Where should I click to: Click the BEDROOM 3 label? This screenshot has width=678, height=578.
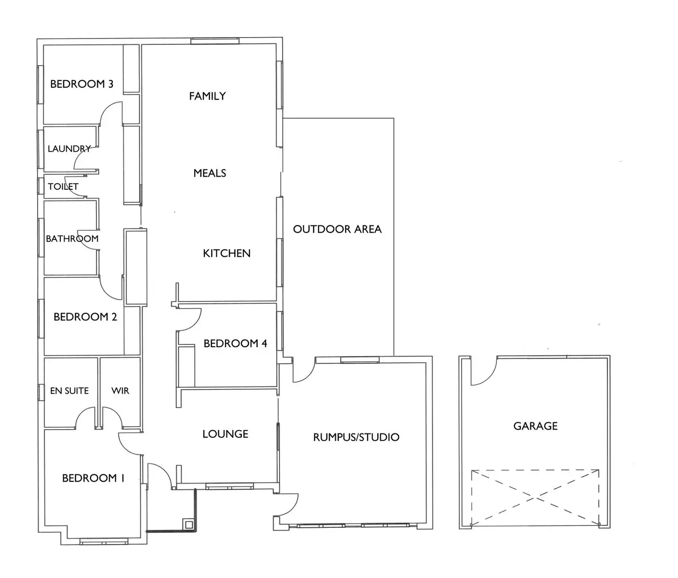[81, 84]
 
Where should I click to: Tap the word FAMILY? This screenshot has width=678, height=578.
[207, 96]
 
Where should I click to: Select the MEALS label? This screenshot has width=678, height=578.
[210, 173]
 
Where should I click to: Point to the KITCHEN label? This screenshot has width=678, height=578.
[226, 253]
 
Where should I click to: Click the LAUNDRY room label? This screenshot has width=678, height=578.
[69, 149]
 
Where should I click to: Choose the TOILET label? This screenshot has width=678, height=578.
[63, 186]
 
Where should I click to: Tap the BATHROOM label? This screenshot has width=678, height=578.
[72, 239]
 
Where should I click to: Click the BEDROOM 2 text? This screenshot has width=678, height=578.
[85, 317]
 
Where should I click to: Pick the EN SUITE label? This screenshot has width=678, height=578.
[69, 391]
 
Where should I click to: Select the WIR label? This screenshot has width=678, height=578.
[120, 391]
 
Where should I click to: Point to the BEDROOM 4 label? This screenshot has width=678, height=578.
[235, 343]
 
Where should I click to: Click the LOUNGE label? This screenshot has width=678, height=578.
[225, 434]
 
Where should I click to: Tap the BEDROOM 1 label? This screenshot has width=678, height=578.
[93, 478]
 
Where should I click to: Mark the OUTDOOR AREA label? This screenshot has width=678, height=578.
[337, 229]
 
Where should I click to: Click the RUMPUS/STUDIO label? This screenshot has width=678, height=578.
[356, 437]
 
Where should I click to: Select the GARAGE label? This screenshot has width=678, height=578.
[535, 426]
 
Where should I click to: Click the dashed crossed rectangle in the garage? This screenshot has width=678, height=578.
[535, 498]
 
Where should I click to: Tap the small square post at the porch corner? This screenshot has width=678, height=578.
[189, 524]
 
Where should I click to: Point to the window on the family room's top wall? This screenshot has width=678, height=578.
[214, 41]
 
